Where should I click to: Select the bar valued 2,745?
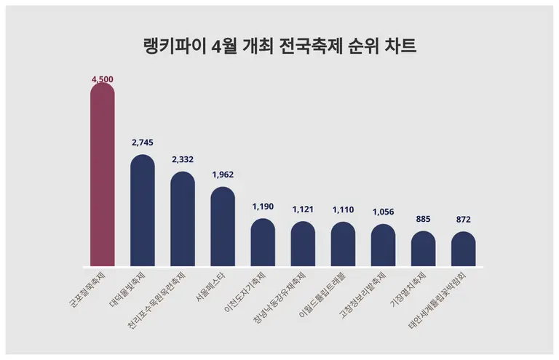click(x=142, y=211)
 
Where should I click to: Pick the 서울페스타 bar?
click(x=223, y=227)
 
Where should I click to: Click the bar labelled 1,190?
click(x=263, y=242)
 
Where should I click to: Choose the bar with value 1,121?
click(x=303, y=244)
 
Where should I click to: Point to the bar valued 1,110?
click(x=343, y=244)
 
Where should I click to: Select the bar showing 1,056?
click(x=383, y=245)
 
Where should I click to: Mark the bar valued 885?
click(x=423, y=249)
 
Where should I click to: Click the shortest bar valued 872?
click(x=463, y=249)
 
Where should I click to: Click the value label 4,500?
click(x=102, y=79)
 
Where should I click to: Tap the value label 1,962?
click(x=223, y=175)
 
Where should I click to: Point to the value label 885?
click(x=423, y=219)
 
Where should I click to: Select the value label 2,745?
click(x=142, y=143)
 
